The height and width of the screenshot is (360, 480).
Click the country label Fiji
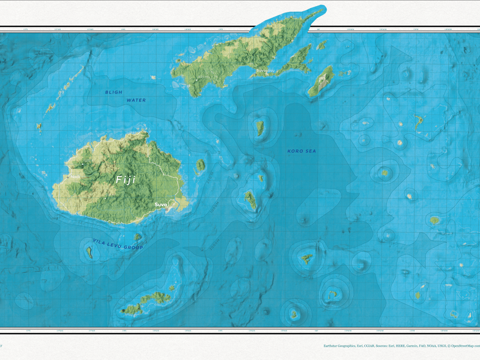click(x=126, y=180)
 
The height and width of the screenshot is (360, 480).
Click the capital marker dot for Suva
click(x=166, y=209)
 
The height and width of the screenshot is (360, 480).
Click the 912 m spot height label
click(x=110, y=195)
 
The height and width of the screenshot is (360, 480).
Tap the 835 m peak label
click(x=203, y=77)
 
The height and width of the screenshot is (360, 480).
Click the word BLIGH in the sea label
click(x=114, y=92)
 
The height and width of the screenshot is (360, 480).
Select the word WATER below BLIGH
click(x=136, y=100)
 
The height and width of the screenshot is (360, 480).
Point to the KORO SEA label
click(x=302, y=151)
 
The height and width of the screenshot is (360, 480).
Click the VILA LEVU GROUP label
click(x=118, y=244)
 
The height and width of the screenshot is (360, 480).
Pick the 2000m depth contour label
click(x=215, y=244)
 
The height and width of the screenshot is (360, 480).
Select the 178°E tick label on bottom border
click(x=124, y=331)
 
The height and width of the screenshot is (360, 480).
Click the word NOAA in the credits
click(x=420, y=346)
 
